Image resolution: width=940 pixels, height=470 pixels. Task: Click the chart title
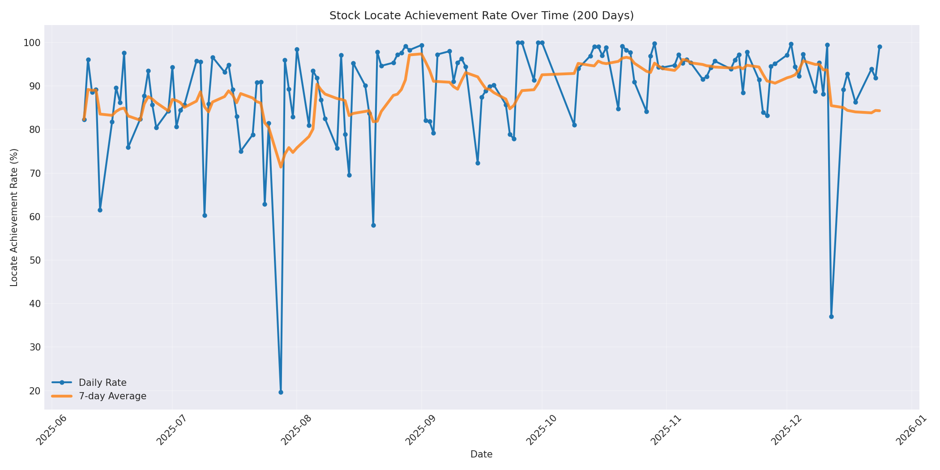[481, 16]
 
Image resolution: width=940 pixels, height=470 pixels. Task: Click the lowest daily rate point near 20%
[281, 392]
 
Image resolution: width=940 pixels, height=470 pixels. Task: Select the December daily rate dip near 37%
[831, 316]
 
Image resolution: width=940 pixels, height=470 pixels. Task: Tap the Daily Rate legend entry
[103, 383]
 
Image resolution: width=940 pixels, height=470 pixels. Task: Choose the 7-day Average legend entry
[112, 396]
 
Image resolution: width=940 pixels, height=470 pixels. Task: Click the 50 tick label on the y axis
[34, 261]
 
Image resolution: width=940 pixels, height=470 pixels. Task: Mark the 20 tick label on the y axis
[34, 391]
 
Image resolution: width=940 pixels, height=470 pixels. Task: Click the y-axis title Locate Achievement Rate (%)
[14, 217]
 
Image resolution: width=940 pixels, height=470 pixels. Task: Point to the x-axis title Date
[481, 454]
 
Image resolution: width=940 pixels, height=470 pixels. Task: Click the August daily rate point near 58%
[373, 225]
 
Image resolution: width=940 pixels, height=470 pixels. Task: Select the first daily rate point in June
[84, 120]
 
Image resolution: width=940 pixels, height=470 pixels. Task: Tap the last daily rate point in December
[880, 47]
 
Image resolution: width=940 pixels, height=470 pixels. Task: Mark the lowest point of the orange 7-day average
[281, 167]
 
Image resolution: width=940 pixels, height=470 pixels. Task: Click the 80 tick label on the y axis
[34, 130]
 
